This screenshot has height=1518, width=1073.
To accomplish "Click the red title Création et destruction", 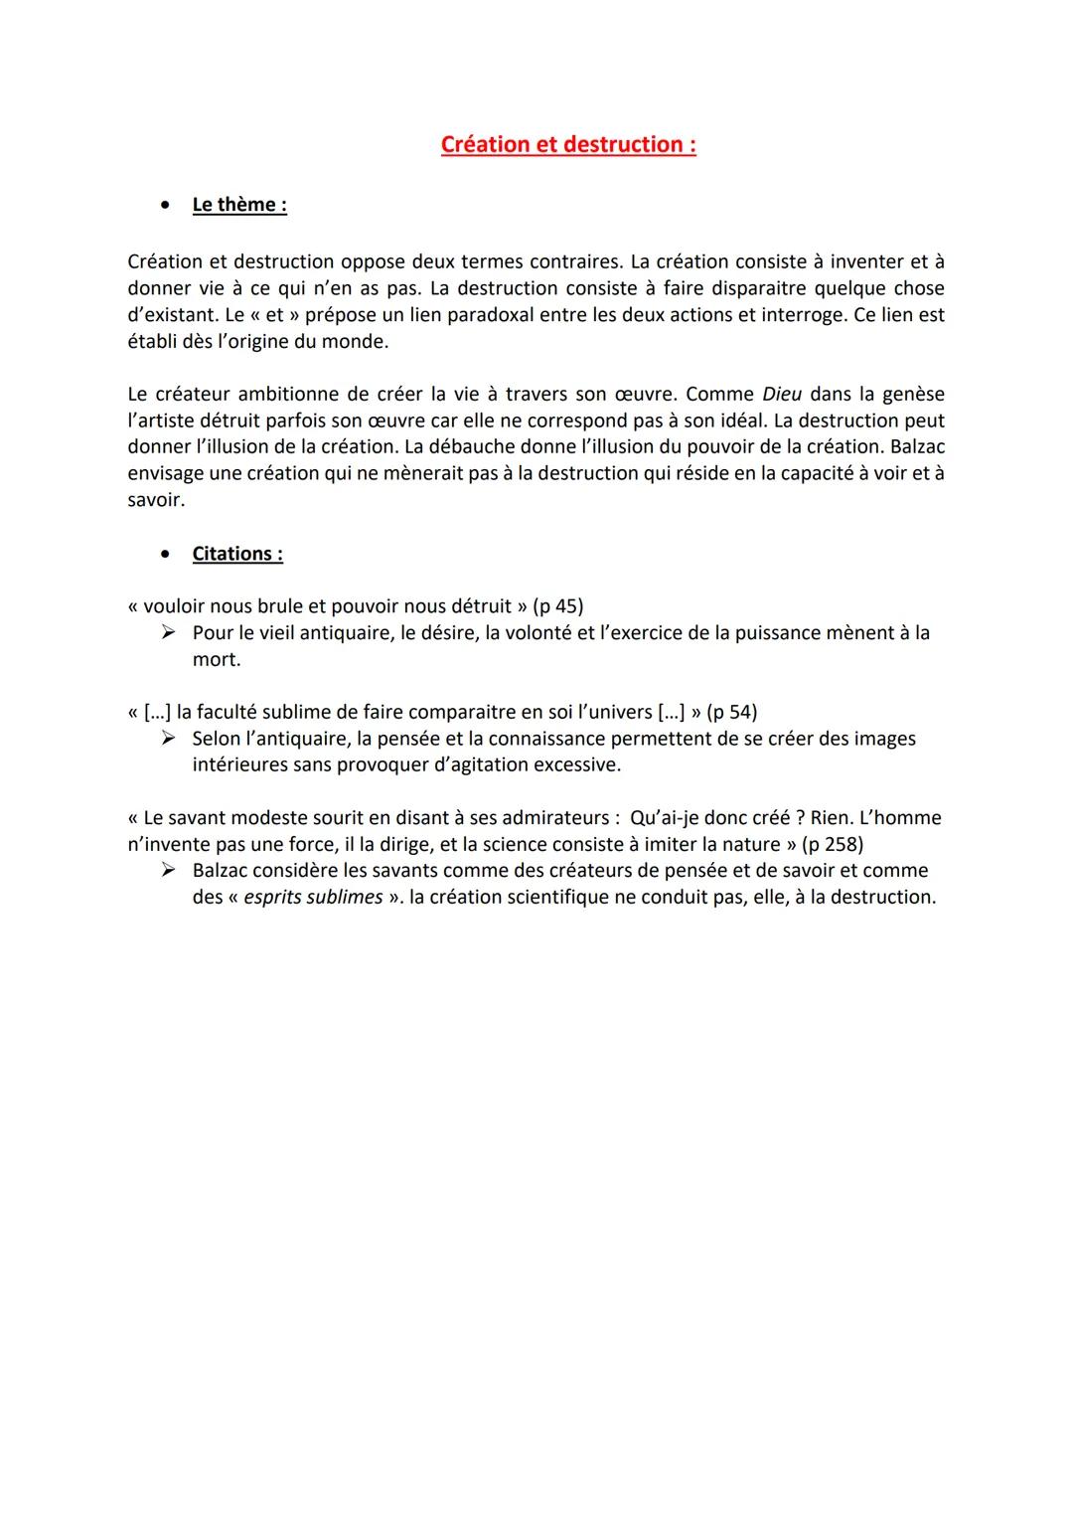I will pyautogui.click(x=567, y=145).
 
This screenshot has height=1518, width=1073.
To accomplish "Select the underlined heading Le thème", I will pyautogui.click(x=239, y=205).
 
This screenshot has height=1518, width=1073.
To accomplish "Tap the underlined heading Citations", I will pyautogui.click(x=237, y=554).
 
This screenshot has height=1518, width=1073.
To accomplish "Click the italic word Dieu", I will pyautogui.click(x=782, y=394).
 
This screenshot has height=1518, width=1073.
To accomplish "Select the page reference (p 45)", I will pyautogui.click(x=557, y=606).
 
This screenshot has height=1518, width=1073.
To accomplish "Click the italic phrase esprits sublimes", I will pyautogui.click(x=313, y=897).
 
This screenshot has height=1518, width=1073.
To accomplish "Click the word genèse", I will pyautogui.click(x=912, y=394).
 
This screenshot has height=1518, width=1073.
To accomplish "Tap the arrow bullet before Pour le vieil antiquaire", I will pyautogui.click(x=169, y=632).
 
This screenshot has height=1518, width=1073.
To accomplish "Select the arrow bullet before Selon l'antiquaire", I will pyautogui.click(x=169, y=739).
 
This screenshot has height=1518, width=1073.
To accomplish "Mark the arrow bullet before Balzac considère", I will pyautogui.click(x=169, y=871).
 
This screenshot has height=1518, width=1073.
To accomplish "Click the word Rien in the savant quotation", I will pyautogui.click(x=834, y=818).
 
